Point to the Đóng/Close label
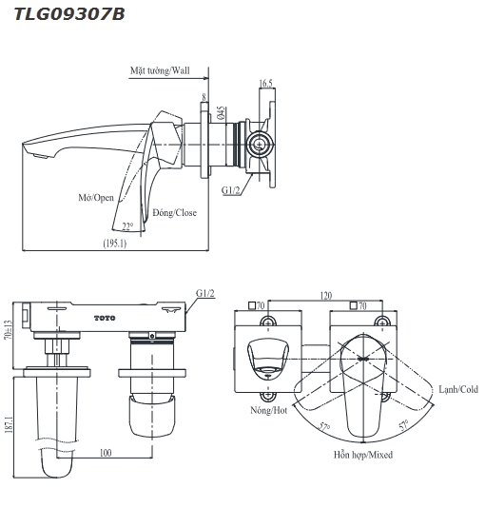coord(174,213)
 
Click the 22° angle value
coord(128,225)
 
